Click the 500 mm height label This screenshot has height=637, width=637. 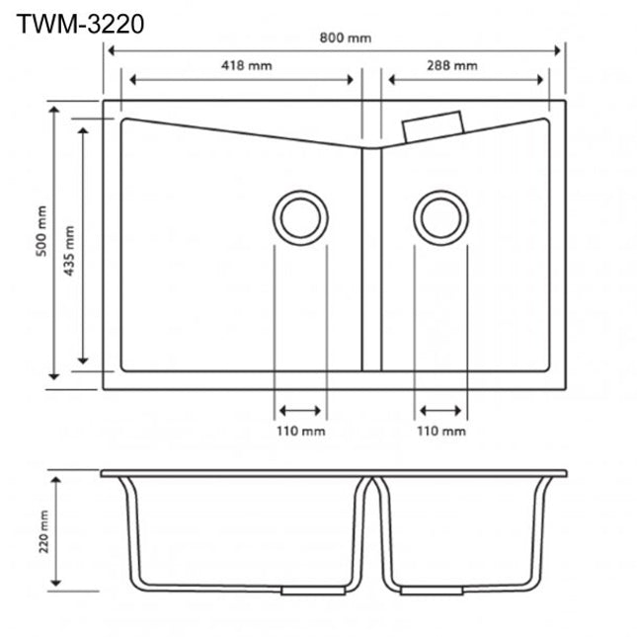[x=40, y=231]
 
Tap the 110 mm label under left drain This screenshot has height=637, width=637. [x=300, y=432]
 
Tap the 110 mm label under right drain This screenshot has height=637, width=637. [x=440, y=432]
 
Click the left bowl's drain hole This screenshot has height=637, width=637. [x=300, y=214]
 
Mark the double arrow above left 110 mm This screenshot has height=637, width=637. [x=300, y=410]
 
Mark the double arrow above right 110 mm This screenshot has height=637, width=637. [x=440, y=410]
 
